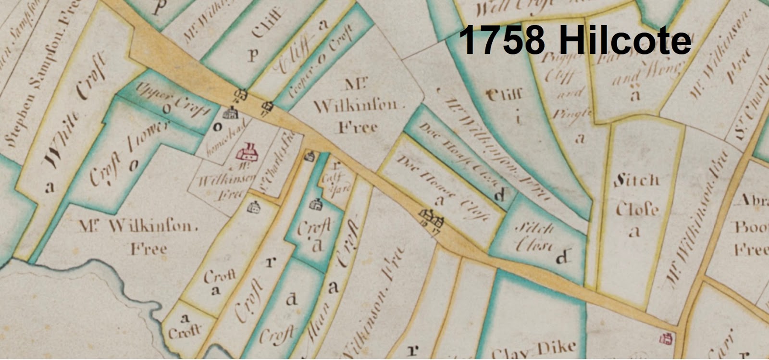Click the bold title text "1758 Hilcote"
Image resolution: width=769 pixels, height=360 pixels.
click(575, 40)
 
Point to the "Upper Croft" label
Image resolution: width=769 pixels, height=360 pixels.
click(173, 99)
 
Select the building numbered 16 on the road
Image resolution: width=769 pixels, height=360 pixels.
click(240, 95)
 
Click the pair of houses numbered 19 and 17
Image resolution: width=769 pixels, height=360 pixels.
click(432, 219)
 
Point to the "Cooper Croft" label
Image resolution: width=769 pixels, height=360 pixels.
click(321, 62)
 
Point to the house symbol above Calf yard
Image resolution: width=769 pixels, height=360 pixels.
click(310, 156)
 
